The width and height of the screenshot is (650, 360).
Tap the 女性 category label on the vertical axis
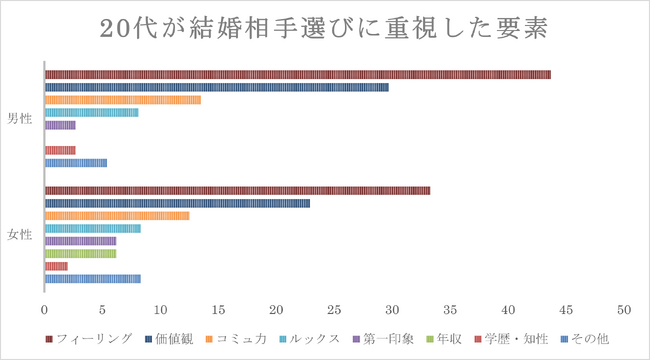coord(20,235)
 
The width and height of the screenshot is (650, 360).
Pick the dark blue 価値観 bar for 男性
coord(216,88)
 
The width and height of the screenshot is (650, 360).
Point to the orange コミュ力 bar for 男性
coord(122,100)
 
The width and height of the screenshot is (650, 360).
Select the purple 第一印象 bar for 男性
coord(60,125)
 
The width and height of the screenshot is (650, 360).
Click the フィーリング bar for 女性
coord(237,191)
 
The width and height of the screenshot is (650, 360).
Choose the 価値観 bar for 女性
coord(177,203)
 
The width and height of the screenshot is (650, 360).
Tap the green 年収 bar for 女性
coord(80,254)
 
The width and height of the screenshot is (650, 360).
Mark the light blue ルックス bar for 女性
coord(92,228)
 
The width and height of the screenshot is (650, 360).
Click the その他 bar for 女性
coord(92,279)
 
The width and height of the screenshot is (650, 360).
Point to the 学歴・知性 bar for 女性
coord(56,266)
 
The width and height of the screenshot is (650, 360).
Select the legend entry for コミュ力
coord(238,339)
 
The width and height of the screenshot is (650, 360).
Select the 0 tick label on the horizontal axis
coord(45,309)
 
